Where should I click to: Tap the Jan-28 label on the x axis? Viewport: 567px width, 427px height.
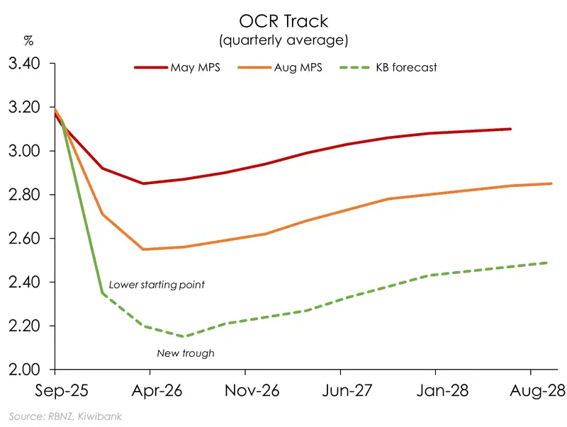[435, 391]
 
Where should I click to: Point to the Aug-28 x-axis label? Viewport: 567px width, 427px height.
[531, 391]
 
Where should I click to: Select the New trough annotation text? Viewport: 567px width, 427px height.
[184, 352]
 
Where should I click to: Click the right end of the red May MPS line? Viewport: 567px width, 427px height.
[511, 129]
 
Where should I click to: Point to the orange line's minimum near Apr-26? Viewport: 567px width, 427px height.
[144, 249]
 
